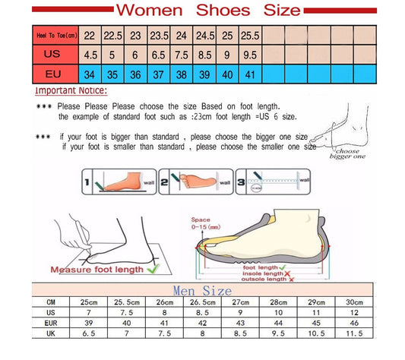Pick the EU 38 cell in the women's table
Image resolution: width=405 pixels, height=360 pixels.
tap(182, 74)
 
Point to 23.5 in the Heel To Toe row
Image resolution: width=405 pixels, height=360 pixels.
tap(159, 35)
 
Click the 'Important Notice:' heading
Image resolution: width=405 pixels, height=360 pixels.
tap(71, 90)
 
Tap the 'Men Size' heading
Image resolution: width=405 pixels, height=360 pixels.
tap(201, 289)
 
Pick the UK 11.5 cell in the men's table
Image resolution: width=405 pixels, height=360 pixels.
tap(354, 332)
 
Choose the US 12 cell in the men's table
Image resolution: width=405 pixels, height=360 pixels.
tap(354, 311)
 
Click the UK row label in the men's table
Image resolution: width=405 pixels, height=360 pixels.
tap(51, 332)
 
